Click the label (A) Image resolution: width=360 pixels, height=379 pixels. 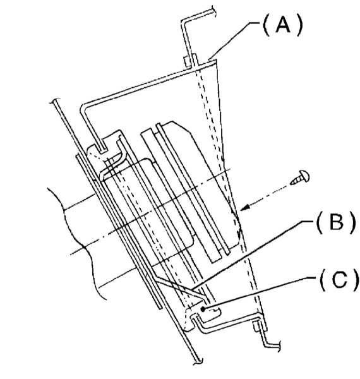pyautogui.click(x=283, y=26)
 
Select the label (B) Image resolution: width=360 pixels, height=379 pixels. pyautogui.click(x=337, y=223)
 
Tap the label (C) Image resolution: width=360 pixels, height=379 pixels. pyautogui.click(x=339, y=280)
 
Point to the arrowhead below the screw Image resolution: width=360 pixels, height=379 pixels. pyautogui.click(x=245, y=208)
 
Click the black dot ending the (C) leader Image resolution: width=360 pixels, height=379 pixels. pyautogui.click(x=203, y=309)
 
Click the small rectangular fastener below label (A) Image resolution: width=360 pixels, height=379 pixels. pyautogui.click(x=187, y=62)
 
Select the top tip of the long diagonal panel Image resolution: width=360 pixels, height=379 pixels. pyautogui.click(x=54, y=100)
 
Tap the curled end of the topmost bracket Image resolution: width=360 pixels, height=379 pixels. pyautogui.click(x=212, y=11)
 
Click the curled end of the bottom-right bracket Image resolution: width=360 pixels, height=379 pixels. pyautogui.click(x=278, y=345)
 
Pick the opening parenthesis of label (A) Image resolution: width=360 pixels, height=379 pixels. pyautogui.click(x=267, y=26)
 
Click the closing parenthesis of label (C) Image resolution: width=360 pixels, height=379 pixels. pyautogui.click(x=355, y=281)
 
